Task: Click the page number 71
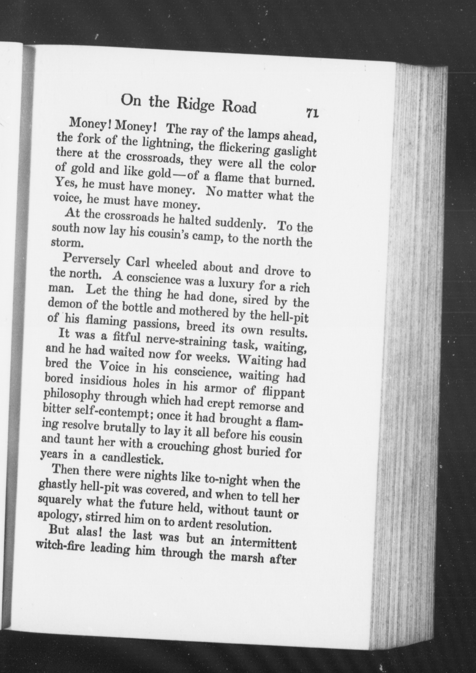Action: point(312,113)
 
